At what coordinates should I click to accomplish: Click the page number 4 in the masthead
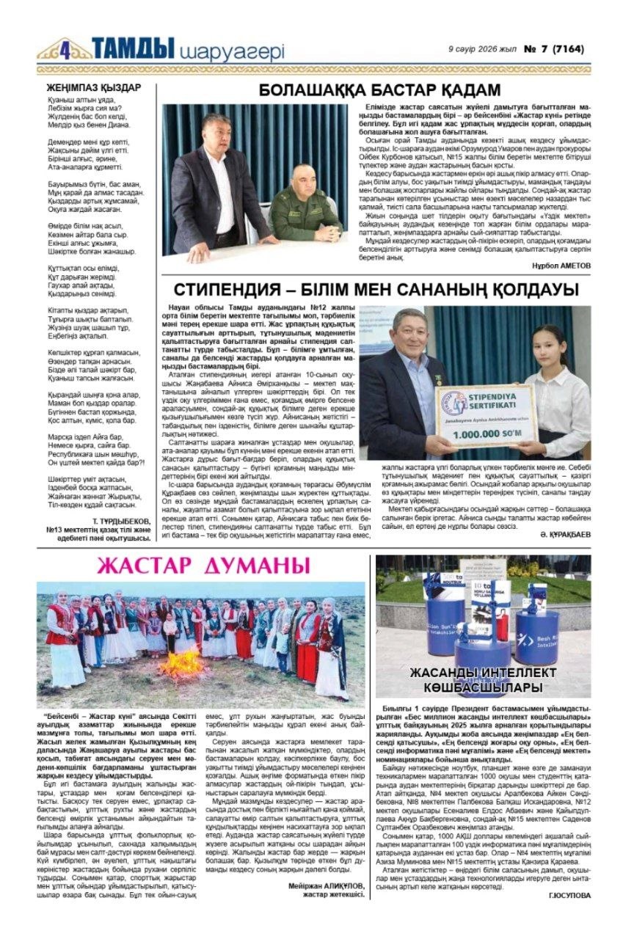(x=65, y=49)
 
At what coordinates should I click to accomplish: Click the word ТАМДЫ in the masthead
(x=133, y=48)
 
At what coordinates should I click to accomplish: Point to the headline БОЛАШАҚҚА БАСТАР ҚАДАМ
(x=379, y=90)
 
